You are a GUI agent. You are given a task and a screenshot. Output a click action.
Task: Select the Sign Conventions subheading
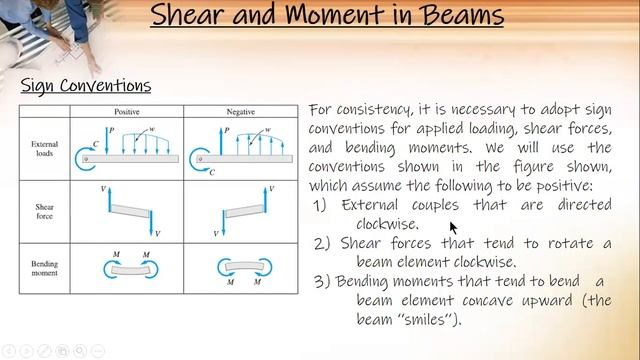pyautogui.click(x=86, y=86)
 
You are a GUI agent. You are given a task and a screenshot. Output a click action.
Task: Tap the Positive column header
pyautogui.click(x=126, y=112)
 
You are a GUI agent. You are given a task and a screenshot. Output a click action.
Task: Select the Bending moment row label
pyautogui.click(x=47, y=269)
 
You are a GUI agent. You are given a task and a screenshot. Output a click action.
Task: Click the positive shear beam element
pyautogui.click(x=128, y=209)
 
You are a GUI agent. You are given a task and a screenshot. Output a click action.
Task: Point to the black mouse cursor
pyautogui.click(x=453, y=226)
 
